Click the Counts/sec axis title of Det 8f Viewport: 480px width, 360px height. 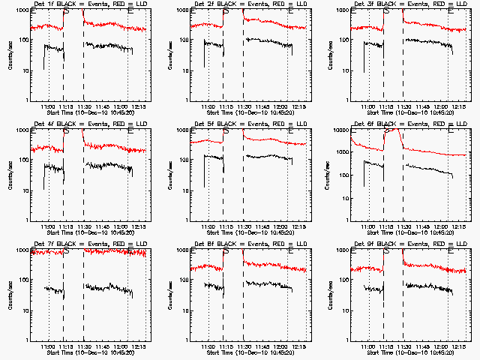[169, 295]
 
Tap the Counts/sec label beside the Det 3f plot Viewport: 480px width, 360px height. [330, 55]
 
